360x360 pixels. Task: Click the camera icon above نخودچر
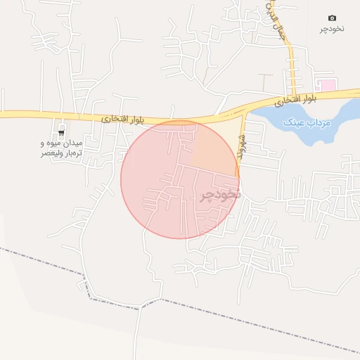(x=332, y=18)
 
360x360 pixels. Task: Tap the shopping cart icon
(x=62, y=131)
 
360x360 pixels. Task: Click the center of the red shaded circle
(x=180, y=179)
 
